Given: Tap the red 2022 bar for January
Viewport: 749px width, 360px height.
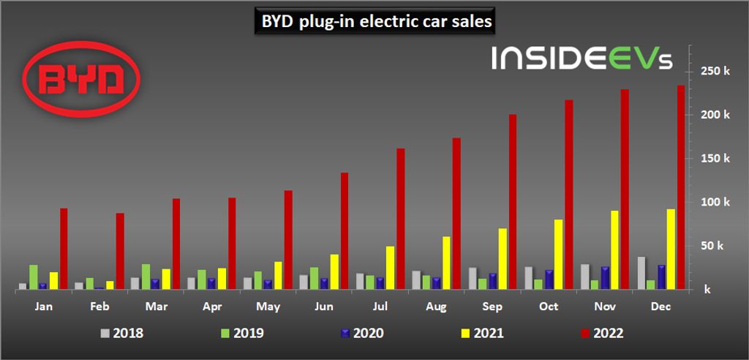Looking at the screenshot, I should (x=64, y=249).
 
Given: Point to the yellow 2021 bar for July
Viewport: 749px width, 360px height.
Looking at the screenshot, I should (x=390, y=268).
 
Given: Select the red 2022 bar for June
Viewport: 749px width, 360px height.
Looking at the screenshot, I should (x=345, y=231).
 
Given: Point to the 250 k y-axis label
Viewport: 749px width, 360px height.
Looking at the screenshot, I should (x=715, y=71).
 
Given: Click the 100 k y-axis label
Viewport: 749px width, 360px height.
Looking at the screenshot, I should (x=715, y=202).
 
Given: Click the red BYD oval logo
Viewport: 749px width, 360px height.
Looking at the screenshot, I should (x=80, y=78).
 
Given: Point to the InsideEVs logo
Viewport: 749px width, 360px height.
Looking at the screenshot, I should (x=581, y=58).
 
